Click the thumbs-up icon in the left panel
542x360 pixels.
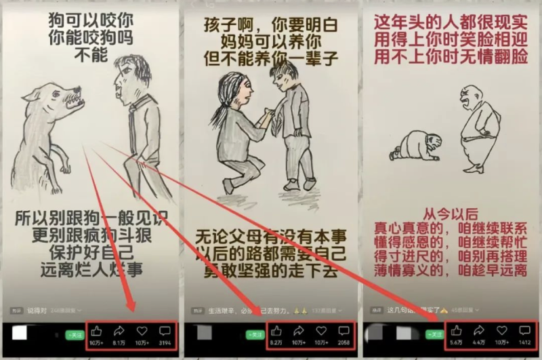[96, 331]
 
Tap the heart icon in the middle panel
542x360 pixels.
[321, 331]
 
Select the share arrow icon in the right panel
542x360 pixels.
[478, 331]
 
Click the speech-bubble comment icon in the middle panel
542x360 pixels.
[343, 331]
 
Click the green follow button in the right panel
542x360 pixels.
[434, 334]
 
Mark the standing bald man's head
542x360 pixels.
[471, 97]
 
